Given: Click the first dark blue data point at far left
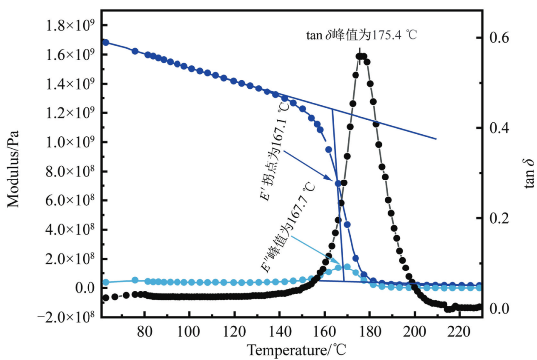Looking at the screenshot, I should click(x=105, y=42).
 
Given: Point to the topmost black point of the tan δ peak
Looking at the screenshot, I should click(x=361, y=56).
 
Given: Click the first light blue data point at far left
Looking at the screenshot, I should click(x=105, y=282).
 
